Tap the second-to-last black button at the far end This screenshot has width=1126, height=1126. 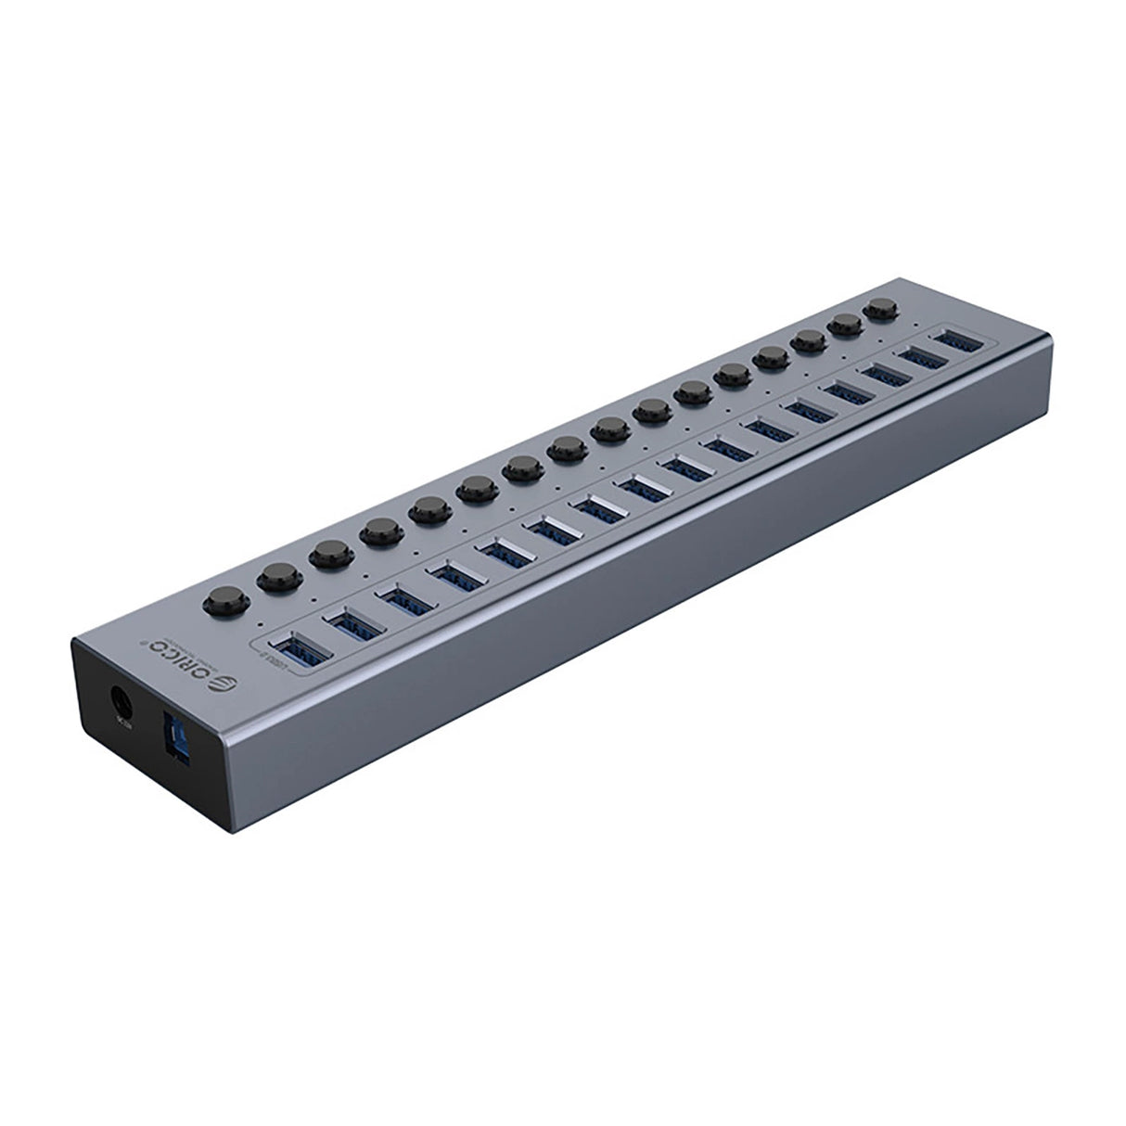coord(845,324)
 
